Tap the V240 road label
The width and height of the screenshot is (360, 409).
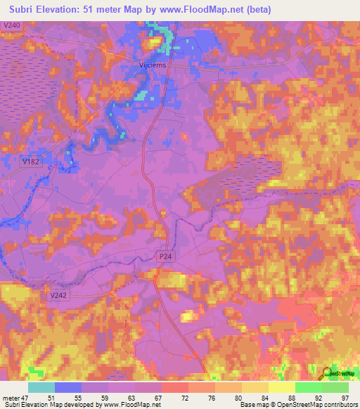pyautogui.click(x=11, y=25)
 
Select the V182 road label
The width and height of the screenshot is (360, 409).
pyautogui.click(x=30, y=161)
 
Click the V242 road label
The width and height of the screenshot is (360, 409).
pyautogui.click(x=58, y=296)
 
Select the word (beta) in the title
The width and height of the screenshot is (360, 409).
pyautogui.click(x=257, y=10)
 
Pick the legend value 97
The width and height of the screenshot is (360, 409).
pyautogui.click(x=345, y=398)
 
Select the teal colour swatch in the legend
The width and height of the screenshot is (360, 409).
pyautogui.click(x=41, y=387)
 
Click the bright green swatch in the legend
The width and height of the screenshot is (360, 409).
pyautogui.click(x=308, y=387)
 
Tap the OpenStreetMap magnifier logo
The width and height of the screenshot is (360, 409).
pyautogui.click(x=326, y=373)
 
